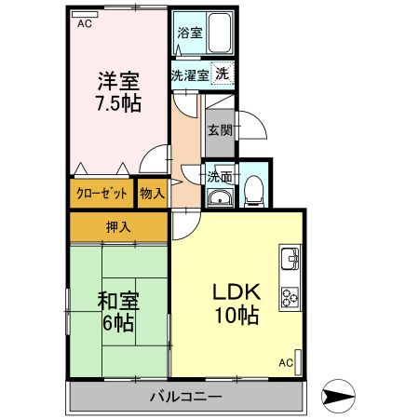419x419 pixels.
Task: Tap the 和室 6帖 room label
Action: pos(116,311)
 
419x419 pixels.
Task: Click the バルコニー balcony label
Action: pos(186,397)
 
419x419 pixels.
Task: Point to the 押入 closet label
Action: pos(117,226)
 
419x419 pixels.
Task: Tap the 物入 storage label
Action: pos(152,193)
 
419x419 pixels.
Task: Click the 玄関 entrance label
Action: pos(220,129)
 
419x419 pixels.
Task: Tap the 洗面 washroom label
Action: pos(220,176)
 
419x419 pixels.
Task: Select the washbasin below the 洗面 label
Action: pos(220,196)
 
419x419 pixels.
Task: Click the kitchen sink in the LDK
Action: pos(288,256)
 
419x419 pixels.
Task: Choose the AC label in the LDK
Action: pos(286,362)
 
